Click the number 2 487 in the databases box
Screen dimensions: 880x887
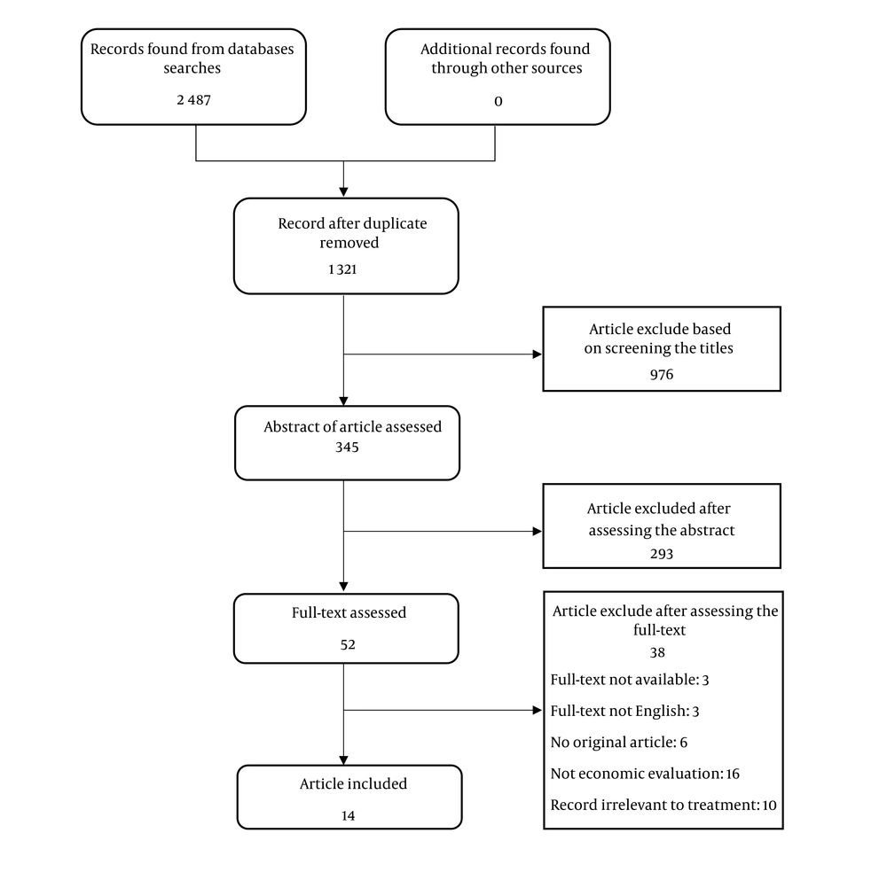click(193, 100)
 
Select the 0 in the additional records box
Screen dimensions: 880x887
click(498, 101)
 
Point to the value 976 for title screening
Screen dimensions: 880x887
click(661, 374)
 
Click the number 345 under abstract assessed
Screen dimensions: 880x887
click(347, 448)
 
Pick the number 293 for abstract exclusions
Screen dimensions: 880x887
click(661, 554)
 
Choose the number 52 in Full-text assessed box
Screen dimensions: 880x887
click(347, 644)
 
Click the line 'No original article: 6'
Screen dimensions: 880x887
click(606, 742)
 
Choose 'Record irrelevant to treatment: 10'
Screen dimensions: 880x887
click(663, 805)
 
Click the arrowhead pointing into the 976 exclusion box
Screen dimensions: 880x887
click(537, 354)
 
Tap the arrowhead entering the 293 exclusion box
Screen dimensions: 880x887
click(537, 532)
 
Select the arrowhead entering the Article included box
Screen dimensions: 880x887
click(343, 759)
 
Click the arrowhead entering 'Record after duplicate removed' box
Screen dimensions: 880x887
click(343, 191)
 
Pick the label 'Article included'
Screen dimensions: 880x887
click(352, 783)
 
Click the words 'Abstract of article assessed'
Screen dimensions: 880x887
click(352, 426)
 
